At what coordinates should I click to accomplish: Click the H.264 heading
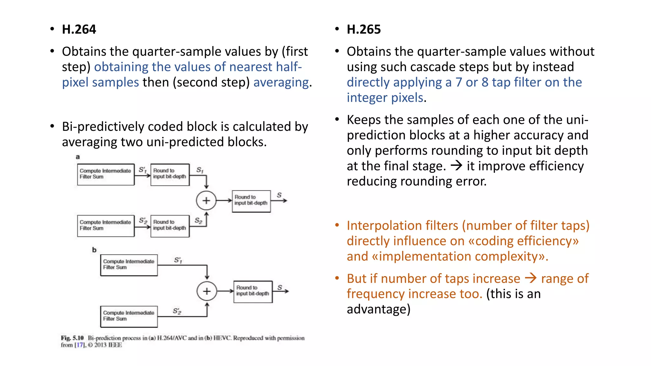pos(79,29)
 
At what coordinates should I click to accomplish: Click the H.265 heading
pos(364,29)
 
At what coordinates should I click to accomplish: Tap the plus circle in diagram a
pos(206,200)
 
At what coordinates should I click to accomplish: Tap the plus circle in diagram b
pos(207,291)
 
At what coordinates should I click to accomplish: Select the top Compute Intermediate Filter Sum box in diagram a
pos(106,174)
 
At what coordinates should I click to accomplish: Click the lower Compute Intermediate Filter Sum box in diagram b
pos(129,316)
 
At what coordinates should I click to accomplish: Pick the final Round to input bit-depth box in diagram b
pos(253,291)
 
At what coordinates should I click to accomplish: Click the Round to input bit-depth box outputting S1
pos(170,174)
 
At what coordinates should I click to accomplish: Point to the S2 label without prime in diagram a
pos(198,220)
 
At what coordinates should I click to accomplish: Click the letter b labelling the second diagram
pos(94,250)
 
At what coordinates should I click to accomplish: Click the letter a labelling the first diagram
pos(78,157)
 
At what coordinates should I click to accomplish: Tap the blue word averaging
pos(281,82)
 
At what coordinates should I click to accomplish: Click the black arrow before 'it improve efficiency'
pos(456,165)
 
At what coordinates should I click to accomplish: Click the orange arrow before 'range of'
pos(531,278)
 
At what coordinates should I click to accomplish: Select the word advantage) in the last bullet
pos(378,309)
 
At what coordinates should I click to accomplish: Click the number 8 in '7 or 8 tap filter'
pos(485,82)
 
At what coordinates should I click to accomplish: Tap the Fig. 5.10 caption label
pos(72,338)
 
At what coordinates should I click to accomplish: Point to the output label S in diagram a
pos(279,195)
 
